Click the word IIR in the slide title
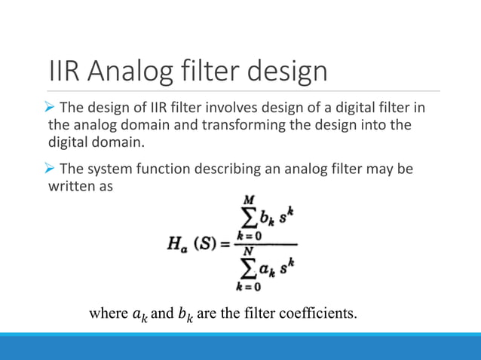pyautogui.click(x=64, y=73)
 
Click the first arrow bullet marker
pyautogui.click(x=52, y=107)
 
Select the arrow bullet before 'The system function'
pyautogui.click(x=52, y=169)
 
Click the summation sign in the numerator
pyautogui.click(x=246, y=218)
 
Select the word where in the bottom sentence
pyautogui.click(x=106, y=313)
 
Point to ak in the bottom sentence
pyautogui.click(x=138, y=313)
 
